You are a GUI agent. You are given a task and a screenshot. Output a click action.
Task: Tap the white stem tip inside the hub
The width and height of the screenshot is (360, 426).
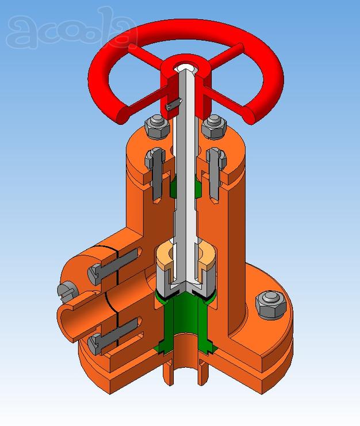(185, 67)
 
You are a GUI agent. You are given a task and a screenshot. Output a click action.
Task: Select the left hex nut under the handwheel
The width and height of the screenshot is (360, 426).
(158, 127)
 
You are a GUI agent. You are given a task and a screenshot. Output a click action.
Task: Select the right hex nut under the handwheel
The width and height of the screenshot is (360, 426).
(214, 127)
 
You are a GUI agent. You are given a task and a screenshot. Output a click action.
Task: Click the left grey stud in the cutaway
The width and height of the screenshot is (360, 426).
(156, 174)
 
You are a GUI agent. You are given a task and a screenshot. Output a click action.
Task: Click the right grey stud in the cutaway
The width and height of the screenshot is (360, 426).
(216, 174)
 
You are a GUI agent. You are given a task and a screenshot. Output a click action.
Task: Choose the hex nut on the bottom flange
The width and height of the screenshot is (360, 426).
(271, 305)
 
